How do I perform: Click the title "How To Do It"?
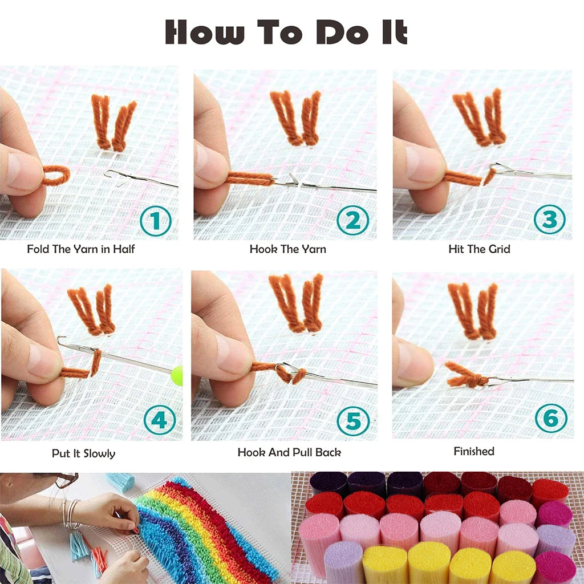286,33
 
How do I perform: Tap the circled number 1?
155,221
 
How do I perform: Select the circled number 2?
353,220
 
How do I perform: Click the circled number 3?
550,220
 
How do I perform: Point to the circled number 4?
159,421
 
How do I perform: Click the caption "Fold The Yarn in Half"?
81,249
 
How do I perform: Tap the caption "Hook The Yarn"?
288,249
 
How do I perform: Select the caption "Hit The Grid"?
479,249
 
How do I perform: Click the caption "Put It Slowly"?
83,454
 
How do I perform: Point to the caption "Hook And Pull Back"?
289,452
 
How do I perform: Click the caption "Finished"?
474,451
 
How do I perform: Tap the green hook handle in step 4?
177,376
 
